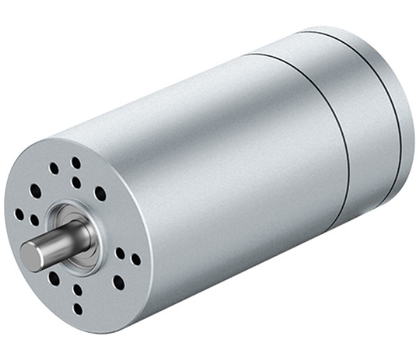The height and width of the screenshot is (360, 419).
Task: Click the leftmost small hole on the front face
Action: (x=19, y=215)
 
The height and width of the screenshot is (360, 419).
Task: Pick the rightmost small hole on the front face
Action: (x=135, y=259)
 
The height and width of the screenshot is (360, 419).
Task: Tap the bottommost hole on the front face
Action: (x=78, y=308)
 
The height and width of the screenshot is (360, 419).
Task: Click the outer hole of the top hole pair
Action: (x=75, y=163)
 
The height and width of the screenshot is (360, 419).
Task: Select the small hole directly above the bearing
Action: (x=76, y=183)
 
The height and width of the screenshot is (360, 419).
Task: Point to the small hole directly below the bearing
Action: (x=78, y=289)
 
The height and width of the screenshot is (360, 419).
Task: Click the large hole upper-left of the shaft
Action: (x=36, y=190)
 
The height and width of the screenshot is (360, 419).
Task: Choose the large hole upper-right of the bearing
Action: (x=100, y=194)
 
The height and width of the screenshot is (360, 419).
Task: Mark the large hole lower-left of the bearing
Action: (x=54, y=278)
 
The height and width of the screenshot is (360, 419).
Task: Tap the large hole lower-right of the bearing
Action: (x=118, y=282)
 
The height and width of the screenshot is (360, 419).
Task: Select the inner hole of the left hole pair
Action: (x=34, y=220)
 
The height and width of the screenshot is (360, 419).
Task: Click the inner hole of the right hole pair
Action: (x=120, y=253)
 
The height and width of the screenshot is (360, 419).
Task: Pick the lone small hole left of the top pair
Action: (x=54, y=168)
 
